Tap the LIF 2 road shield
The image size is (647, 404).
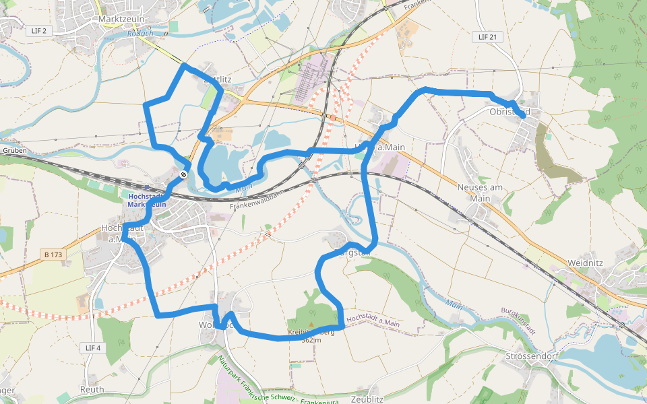[40, 31]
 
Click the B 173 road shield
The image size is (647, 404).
[53, 255]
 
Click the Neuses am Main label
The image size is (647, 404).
[481, 193]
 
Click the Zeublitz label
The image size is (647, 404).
[367, 399]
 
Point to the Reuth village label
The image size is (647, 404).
[92, 389]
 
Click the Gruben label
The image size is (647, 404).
[14, 151]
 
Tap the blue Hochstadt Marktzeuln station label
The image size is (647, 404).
[146, 200]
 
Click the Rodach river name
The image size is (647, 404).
[140, 34]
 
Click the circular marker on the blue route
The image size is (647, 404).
[183, 175]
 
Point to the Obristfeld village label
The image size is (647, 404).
[510, 111]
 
